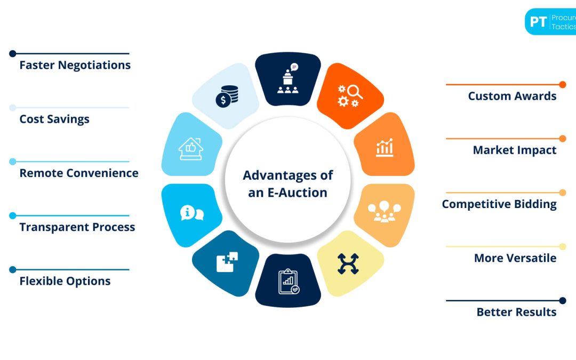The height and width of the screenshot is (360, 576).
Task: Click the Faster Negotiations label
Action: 75,66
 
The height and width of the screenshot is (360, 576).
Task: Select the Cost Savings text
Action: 54,119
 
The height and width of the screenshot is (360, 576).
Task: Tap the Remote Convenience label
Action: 79,173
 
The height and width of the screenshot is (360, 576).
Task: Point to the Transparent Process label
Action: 77,227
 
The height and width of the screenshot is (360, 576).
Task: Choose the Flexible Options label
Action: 65,281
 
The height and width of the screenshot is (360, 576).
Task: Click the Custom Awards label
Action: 512,96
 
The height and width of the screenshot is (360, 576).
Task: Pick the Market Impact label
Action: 515,150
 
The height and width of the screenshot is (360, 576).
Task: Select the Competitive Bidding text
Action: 499,204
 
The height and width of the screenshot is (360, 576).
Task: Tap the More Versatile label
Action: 515,258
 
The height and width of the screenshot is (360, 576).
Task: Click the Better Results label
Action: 516,312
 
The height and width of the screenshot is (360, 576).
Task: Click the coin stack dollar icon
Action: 227,96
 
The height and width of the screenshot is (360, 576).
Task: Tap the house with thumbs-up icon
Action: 191,149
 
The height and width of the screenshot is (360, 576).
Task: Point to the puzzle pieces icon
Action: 227,262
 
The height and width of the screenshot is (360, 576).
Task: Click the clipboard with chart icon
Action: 289,282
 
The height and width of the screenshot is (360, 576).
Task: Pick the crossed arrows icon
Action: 348,263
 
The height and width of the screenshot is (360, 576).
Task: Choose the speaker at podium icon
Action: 288,78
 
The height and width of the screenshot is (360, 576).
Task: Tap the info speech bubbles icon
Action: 192,213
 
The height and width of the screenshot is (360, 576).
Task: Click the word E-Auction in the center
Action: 297,193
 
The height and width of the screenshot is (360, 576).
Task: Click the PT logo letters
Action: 539,22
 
